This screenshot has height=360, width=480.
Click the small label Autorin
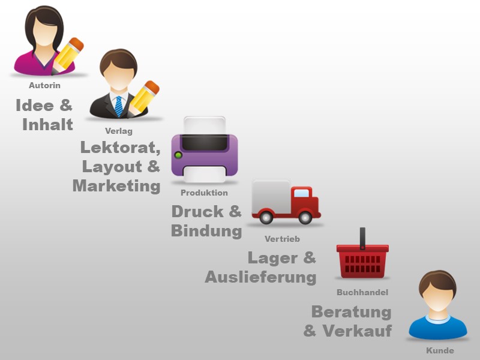[x=44, y=86]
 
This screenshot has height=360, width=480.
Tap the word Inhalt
[x=47, y=125]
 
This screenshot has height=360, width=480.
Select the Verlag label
[x=118, y=131]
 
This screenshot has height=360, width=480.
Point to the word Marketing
[x=116, y=186]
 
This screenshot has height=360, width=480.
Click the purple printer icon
[x=204, y=150]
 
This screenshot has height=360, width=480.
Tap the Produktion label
[x=204, y=193]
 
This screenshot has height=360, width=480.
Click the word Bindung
[x=206, y=230]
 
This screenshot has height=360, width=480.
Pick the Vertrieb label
[x=282, y=239]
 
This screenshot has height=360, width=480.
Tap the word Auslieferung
[x=260, y=277]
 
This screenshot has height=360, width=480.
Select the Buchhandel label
[x=362, y=293]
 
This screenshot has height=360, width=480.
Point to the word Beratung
[x=351, y=312]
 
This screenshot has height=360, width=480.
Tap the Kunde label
[x=440, y=350]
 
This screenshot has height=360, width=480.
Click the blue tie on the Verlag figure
[x=119, y=106]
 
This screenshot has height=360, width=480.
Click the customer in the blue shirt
[x=437, y=306]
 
